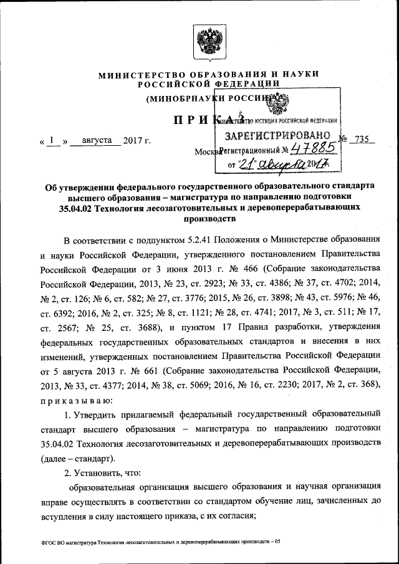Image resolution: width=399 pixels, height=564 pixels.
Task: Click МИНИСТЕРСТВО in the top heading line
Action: click(135, 75)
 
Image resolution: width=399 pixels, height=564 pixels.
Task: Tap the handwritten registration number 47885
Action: click(314, 150)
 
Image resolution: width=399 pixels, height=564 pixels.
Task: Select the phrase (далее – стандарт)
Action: click(78, 459)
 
